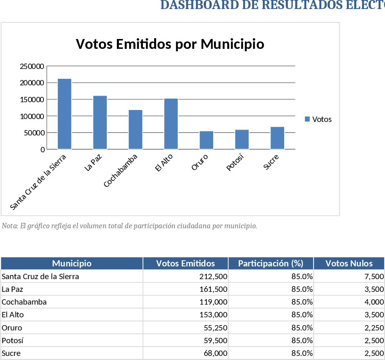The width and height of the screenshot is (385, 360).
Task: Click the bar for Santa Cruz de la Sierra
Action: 64,114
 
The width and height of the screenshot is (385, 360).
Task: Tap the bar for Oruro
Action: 206,140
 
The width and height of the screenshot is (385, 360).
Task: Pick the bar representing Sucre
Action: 277,138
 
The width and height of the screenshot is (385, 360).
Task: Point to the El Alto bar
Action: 171,124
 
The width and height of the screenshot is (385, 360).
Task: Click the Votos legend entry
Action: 318,119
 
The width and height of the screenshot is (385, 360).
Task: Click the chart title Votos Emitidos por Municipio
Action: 170,44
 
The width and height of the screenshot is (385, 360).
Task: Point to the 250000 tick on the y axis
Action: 32,66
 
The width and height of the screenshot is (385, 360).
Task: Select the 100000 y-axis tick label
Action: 32,116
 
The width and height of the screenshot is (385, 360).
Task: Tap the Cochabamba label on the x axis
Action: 121,170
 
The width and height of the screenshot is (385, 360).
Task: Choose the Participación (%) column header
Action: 271,264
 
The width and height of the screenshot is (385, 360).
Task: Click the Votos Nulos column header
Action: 349,264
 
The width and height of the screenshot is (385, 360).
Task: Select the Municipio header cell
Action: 72,264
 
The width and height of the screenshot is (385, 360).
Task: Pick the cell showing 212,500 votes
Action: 213,277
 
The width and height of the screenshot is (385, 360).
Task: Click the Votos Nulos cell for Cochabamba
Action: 374,302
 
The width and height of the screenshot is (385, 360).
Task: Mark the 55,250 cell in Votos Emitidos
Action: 215,328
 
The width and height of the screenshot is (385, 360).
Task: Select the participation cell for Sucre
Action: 302,353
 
